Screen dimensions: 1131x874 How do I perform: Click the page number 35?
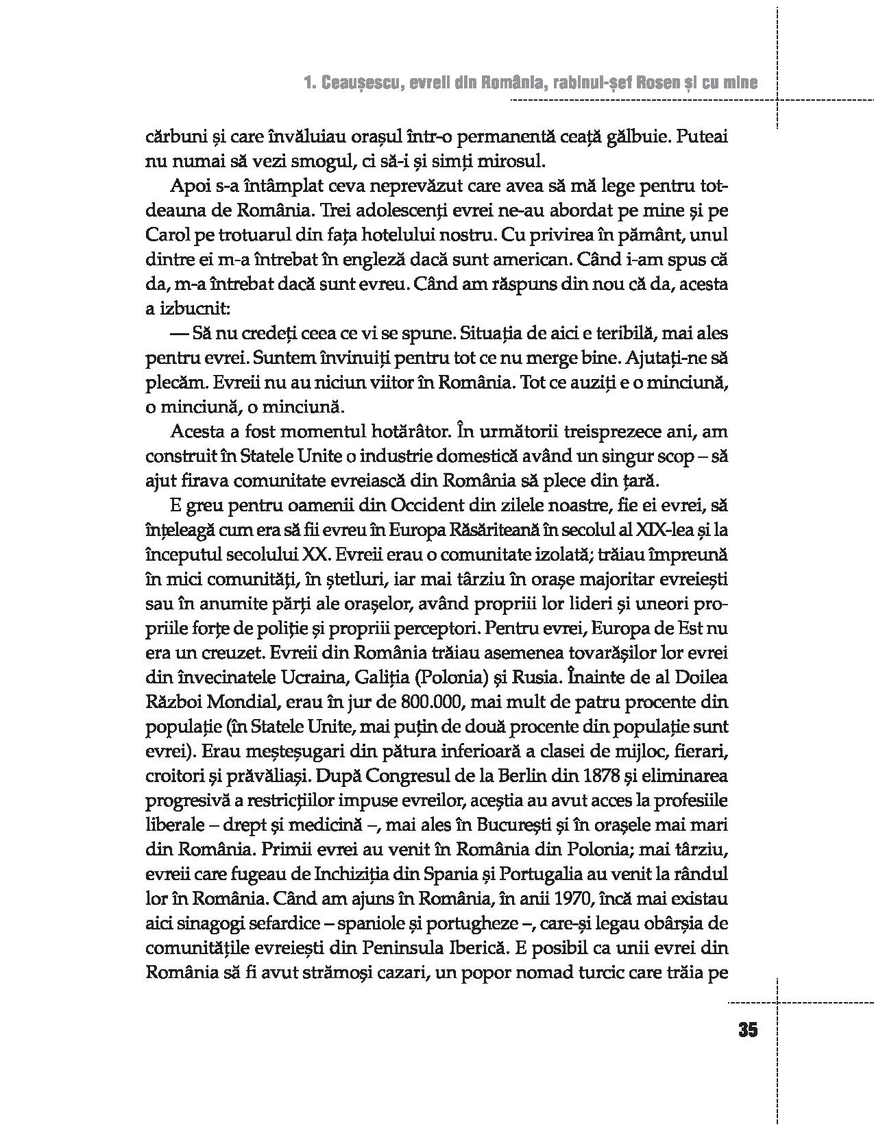[748, 1030]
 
